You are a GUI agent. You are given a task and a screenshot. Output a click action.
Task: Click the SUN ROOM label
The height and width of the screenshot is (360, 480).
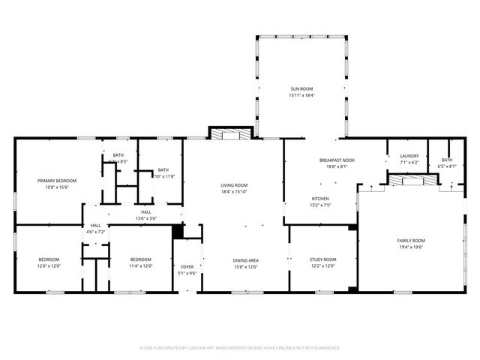(302, 89)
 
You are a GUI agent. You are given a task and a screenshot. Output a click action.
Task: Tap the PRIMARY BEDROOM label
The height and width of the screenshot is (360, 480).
(58, 181)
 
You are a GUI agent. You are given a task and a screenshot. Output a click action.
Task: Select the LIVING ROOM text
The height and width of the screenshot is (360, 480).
(234, 185)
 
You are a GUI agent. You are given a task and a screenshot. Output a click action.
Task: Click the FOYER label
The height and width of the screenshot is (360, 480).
(187, 266)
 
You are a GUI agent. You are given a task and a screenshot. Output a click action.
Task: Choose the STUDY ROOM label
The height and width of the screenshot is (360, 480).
(322, 259)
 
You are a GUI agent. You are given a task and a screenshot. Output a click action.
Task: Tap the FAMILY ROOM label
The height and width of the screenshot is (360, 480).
(410, 241)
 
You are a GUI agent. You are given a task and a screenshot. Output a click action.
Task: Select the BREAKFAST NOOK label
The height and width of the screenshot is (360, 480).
(337, 160)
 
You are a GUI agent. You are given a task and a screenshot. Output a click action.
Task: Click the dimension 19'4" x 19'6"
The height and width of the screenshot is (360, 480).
(410, 247)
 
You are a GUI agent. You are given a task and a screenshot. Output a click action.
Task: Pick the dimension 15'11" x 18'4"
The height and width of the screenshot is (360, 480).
(302, 95)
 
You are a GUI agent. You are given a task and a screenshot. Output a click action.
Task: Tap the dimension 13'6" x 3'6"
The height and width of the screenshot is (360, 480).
(145, 218)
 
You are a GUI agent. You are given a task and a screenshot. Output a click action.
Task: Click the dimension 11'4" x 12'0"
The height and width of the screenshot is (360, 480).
(140, 265)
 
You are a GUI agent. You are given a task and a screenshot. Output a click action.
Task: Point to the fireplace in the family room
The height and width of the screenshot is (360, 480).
(410, 181)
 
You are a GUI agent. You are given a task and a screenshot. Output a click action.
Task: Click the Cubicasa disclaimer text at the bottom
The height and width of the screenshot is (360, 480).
(240, 348)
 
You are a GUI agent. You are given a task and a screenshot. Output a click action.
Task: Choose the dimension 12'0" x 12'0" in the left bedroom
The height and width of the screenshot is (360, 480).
(49, 265)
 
